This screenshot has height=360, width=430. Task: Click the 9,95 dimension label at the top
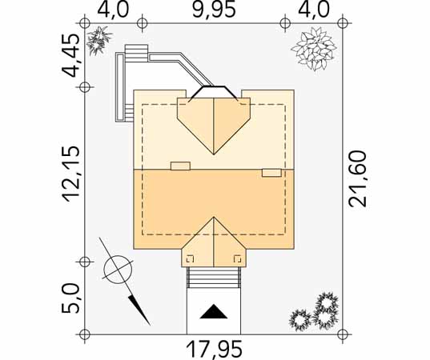tap(214, 10)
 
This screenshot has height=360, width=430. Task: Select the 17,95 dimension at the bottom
tap(214, 350)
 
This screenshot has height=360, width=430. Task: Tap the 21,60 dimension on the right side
tap(358, 178)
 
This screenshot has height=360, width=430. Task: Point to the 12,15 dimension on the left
tap(71, 174)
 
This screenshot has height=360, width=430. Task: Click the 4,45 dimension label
tap(71, 56)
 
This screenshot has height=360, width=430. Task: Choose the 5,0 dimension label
tap(70, 298)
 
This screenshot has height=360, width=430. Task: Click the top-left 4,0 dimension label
tap(113, 10)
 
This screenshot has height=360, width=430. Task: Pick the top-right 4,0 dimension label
tap(313, 10)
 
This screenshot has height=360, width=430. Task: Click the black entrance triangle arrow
tap(214, 311)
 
